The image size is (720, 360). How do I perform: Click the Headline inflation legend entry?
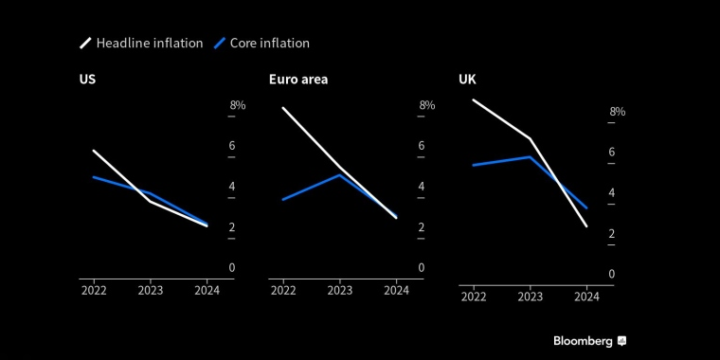point(141,44)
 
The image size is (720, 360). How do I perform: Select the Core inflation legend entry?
point(261,44)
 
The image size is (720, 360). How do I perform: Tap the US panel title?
point(87,80)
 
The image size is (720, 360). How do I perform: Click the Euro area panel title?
point(298,80)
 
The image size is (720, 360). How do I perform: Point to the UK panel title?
point(467,80)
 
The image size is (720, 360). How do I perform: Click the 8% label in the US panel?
point(238,105)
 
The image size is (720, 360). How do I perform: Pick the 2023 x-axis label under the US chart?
point(150,291)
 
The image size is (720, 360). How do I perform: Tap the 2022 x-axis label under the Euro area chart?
point(283,291)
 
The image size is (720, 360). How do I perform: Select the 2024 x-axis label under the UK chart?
point(586,297)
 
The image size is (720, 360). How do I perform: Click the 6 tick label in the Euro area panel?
point(422,146)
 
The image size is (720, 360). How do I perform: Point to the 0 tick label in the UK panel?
point(611,274)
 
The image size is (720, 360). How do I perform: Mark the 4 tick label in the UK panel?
point(611,193)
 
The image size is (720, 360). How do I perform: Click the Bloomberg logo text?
point(583,341)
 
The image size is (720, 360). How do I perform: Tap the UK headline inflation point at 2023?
point(530,138)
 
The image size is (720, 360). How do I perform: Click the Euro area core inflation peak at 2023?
point(339,175)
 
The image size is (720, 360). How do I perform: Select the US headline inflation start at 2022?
point(94,151)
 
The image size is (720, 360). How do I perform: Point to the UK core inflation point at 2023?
point(530,157)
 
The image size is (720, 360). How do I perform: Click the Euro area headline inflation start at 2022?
point(283,108)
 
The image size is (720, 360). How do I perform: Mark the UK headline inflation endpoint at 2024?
point(586,225)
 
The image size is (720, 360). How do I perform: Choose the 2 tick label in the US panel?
point(232,227)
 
